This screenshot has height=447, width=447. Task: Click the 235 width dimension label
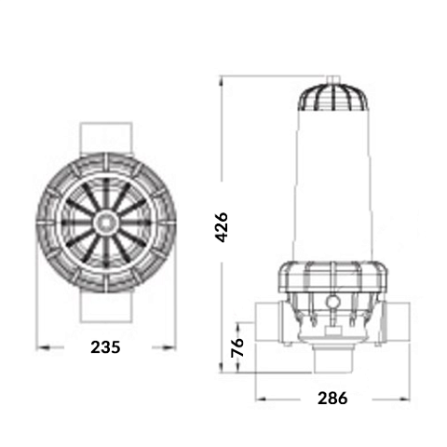pos(105,347)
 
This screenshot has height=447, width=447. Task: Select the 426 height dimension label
pos(221,226)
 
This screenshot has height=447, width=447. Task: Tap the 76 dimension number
pos(237,348)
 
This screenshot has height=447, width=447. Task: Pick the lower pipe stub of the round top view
pos(105,307)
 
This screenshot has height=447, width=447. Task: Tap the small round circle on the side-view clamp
pos(332,301)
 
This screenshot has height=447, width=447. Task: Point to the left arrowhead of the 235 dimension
pos(39,348)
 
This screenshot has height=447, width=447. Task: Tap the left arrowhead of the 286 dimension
pos(255,400)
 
